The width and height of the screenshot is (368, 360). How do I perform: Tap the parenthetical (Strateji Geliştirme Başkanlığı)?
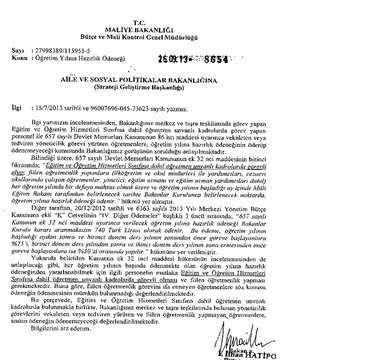point(138,87)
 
